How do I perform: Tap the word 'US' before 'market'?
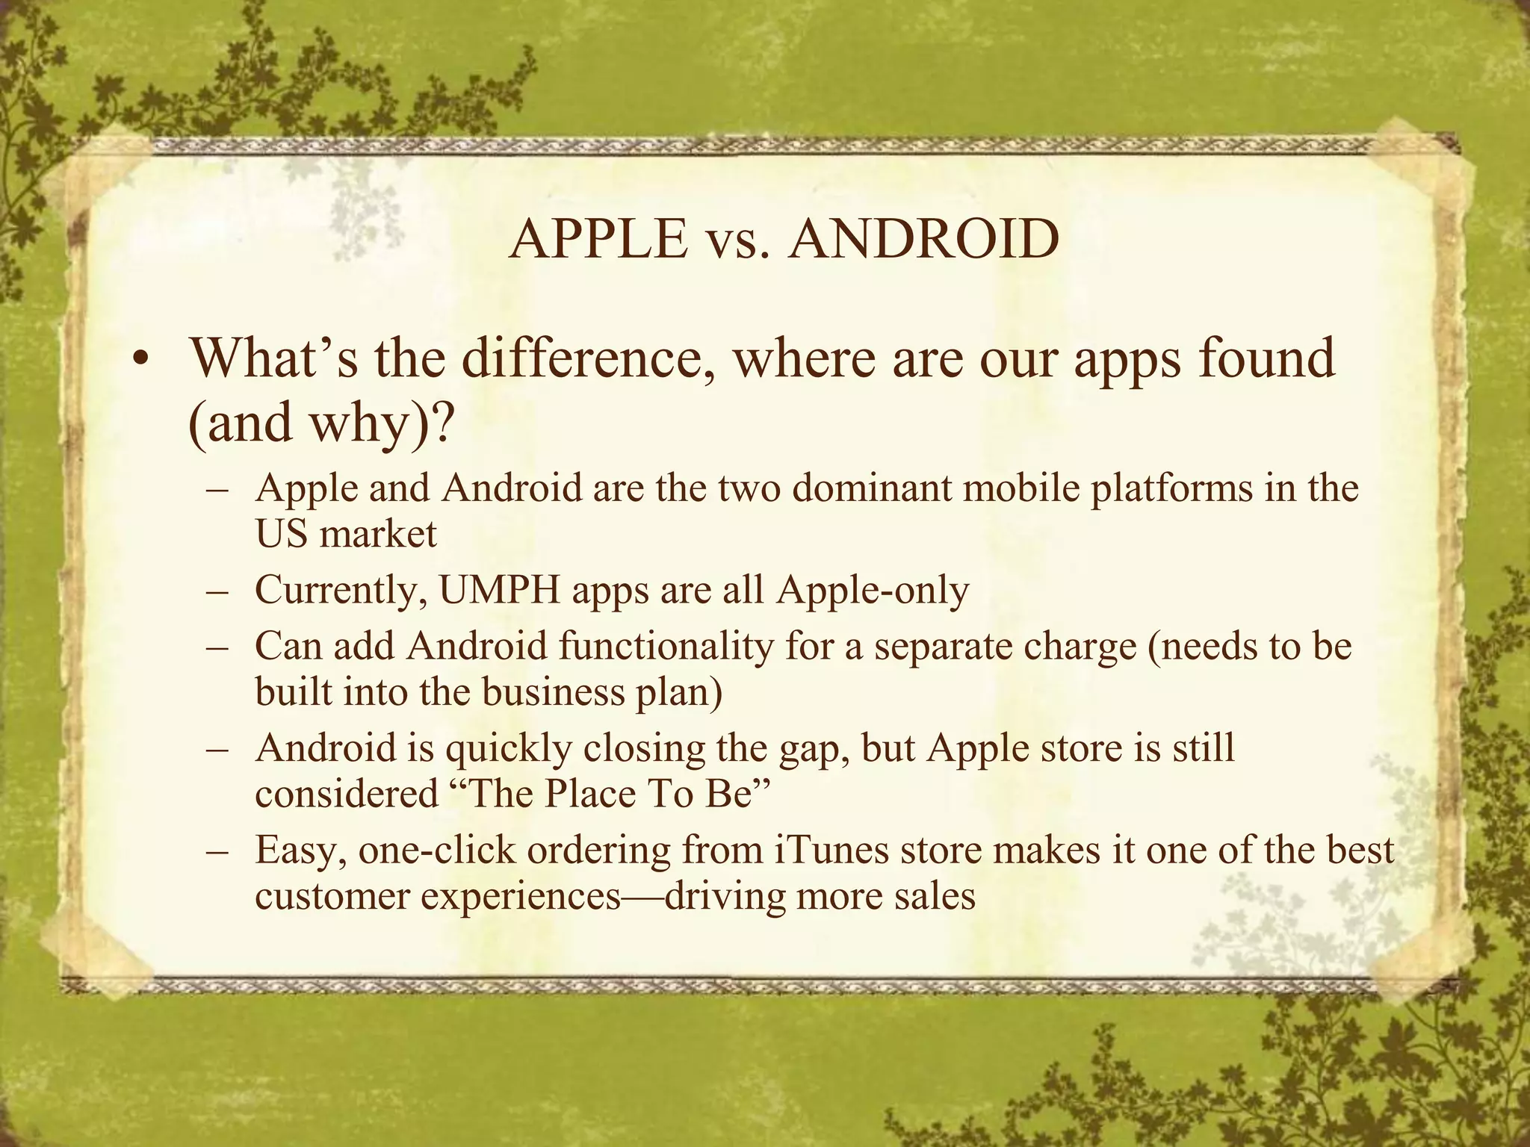(x=282, y=534)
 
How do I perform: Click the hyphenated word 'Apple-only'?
(x=872, y=590)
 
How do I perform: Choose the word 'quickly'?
(x=509, y=747)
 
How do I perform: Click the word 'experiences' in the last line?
(x=521, y=896)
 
